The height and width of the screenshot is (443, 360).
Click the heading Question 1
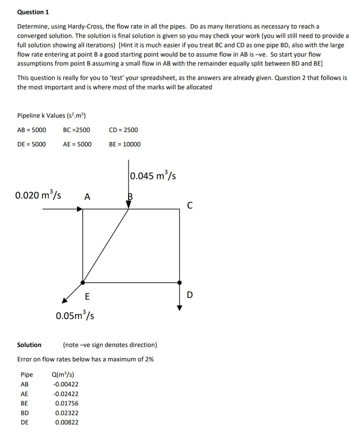pyautogui.click(x=33, y=12)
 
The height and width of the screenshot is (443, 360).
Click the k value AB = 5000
pyautogui.click(x=32, y=130)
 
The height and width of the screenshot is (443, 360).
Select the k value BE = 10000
pyautogui.click(x=125, y=144)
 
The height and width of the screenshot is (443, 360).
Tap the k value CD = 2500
pyautogui.click(x=123, y=130)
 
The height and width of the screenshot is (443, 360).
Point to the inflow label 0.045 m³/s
pyautogui.click(x=153, y=175)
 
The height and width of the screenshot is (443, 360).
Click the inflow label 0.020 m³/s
pyautogui.click(x=38, y=195)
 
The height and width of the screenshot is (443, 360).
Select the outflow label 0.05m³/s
pyautogui.click(x=75, y=315)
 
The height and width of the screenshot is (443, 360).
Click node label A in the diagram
pyautogui.click(x=87, y=197)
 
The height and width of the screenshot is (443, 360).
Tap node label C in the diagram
pyautogui.click(x=190, y=205)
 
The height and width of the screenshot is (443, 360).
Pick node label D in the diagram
pyautogui.click(x=190, y=295)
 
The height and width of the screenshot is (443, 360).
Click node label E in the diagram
pyautogui.click(x=87, y=296)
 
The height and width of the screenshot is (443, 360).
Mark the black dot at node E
pyautogui.click(x=83, y=283)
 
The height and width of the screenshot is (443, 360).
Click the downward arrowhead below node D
pyautogui.click(x=180, y=308)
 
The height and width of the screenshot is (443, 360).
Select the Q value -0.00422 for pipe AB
pyautogui.click(x=66, y=384)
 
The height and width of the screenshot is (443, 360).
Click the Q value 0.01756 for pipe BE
pyautogui.click(x=67, y=403)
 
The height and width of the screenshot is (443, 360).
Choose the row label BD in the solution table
pyautogui.click(x=25, y=413)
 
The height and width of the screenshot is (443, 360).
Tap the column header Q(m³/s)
pyautogui.click(x=63, y=375)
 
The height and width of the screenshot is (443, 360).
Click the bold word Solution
pyautogui.click(x=29, y=345)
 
